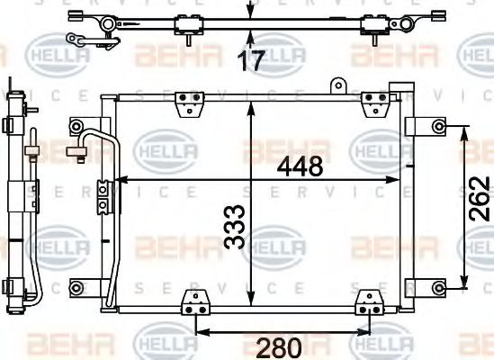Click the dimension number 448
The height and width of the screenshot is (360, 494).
(x=300, y=166)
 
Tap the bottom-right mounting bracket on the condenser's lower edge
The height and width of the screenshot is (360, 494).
(x=364, y=302)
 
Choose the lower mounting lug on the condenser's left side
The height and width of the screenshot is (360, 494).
(x=80, y=288)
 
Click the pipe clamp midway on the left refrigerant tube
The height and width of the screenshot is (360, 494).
(x=103, y=192)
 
